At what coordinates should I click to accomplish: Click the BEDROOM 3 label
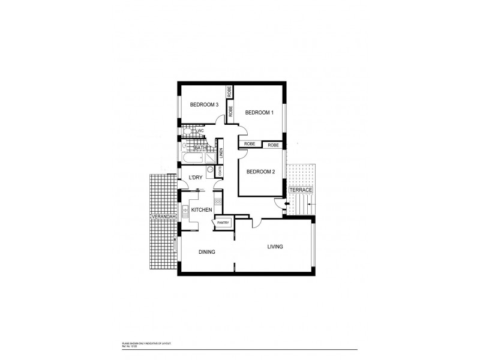click(204, 105)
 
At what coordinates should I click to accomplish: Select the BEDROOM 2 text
click(260, 172)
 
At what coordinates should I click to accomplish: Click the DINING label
click(206, 252)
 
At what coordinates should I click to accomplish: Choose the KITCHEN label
click(201, 209)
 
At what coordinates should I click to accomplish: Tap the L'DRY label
click(195, 178)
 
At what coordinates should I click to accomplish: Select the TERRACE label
click(301, 190)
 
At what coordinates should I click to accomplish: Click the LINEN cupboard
click(221, 154)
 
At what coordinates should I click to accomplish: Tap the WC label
click(201, 131)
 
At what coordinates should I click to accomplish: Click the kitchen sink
click(186, 210)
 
